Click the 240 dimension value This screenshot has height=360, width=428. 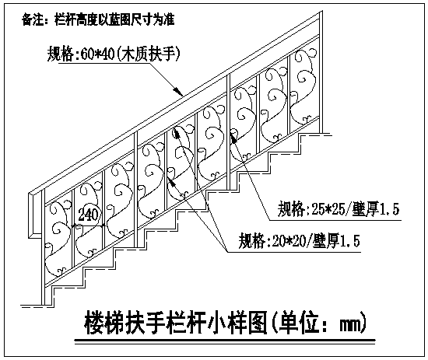coord(88,215)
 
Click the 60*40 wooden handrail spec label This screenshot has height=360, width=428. coord(114,54)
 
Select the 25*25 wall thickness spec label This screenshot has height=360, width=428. coord(339,209)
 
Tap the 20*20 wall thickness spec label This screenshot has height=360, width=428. coord(299,241)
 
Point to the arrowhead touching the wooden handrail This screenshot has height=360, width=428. coord(177,92)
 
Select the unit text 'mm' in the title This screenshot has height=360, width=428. coord(351,325)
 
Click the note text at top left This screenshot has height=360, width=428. coord(98,20)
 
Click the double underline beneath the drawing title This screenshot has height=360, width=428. coord(225,341)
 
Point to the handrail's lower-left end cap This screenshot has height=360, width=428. coord(34,215)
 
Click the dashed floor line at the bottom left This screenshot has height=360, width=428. coord(32,306)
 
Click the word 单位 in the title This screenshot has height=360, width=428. coord(302,323)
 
